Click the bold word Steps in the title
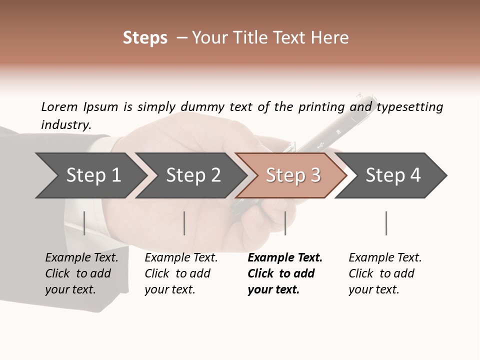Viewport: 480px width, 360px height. coord(145,38)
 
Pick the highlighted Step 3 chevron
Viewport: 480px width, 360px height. coord(293,175)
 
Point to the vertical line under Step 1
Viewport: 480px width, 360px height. coord(84,223)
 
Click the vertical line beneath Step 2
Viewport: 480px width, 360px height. coord(184,223)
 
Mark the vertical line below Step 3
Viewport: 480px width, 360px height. coord(285,223)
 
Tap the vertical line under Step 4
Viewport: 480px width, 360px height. coord(386,223)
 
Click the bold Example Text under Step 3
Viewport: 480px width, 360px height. coord(284,273)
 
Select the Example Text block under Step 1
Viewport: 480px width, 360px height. coord(81,273)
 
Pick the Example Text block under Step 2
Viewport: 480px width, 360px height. coord(181,273)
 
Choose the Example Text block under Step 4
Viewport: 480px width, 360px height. coord(385,273)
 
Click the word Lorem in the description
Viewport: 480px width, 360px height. coord(59,107)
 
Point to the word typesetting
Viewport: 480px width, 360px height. coord(409,107)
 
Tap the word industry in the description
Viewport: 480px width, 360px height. coord(65,125)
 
